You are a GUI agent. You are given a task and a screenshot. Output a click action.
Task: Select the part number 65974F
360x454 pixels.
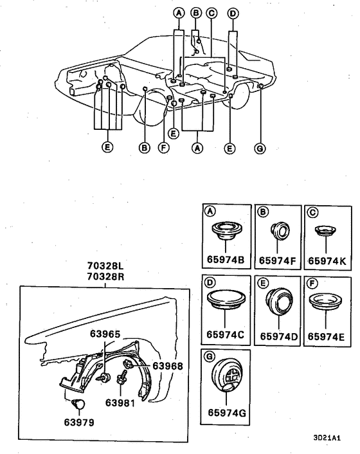(277, 261)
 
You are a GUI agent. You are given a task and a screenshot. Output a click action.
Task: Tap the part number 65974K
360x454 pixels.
(327, 261)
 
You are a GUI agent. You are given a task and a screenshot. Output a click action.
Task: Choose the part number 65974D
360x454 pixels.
(277, 336)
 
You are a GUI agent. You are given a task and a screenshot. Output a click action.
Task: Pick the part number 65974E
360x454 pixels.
(327, 335)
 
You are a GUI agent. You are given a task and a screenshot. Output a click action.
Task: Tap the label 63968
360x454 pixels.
(168, 366)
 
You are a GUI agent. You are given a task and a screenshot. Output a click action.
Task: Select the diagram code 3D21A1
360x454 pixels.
(327, 438)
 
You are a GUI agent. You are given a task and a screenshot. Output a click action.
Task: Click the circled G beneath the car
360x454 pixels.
(260, 147)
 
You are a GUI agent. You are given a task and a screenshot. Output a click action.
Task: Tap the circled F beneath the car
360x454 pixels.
(163, 147)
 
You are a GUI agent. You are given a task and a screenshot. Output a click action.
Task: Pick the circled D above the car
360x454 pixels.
(233, 12)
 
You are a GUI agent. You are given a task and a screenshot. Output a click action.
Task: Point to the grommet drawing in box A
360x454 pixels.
(226, 231)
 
